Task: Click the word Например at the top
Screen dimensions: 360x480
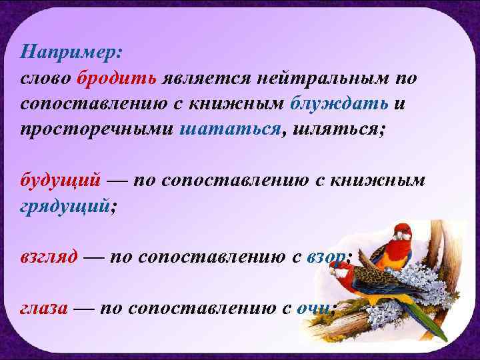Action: pyautogui.click(x=65, y=51)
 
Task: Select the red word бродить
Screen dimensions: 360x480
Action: pyautogui.click(x=117, y=78)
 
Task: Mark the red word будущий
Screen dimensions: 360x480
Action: pyautogui.click(x=61, y=181)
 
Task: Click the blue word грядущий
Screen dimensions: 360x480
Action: pyautogui.click(x=64, y=206)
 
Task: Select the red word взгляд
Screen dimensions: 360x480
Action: pyautogui.click(x=49, y=257)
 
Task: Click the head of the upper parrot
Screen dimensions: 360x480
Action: pyautogui.click(x=401, y=232)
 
